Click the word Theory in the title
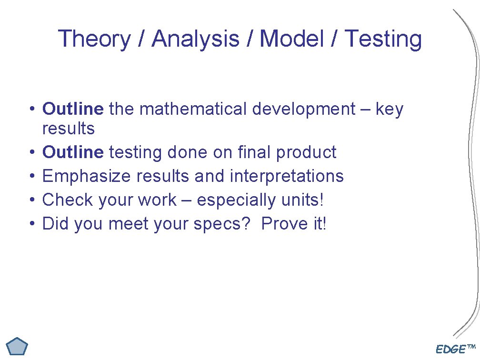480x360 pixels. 94,39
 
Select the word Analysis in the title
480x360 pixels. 195,39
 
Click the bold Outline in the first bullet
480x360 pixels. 72,109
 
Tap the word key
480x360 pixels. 389,110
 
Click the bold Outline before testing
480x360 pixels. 72,152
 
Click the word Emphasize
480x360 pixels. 87,176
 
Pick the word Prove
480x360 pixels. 284,224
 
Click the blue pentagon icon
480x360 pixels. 18,347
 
